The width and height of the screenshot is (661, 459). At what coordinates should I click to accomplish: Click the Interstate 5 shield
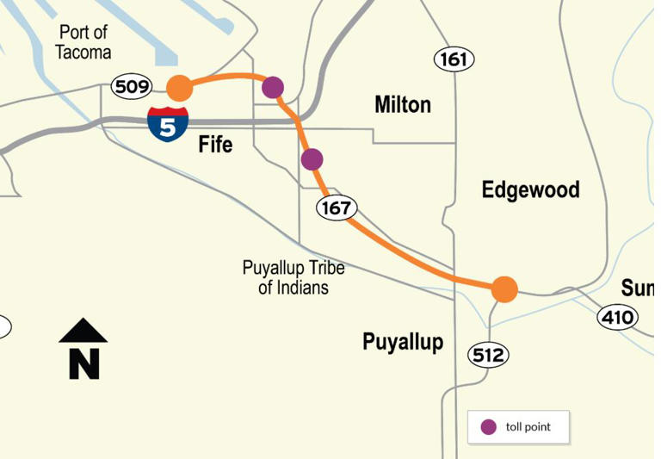coord(168,123)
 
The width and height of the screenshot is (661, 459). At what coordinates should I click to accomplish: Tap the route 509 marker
coord(132,86)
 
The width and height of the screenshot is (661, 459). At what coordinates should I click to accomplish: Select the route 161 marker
coord(454,59)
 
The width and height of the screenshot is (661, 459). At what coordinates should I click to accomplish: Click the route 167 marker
coord(337,208)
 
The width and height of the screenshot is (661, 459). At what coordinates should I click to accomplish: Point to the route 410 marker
coord(617,318)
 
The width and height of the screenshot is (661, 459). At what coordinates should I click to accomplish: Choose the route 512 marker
coord(489,354)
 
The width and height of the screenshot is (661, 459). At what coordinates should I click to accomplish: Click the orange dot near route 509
coord(179,88)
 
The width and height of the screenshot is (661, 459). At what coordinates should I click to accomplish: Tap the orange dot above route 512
coord(504,289)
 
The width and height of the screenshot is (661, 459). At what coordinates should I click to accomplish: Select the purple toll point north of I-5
coord(273,87)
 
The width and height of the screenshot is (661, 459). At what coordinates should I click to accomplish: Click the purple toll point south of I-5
coord(312,159)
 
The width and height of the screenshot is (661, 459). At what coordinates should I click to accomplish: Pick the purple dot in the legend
coord(489,427)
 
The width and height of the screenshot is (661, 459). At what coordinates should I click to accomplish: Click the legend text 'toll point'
coord(528,427)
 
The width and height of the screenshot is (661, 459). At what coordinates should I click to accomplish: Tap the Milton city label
coord(403,105)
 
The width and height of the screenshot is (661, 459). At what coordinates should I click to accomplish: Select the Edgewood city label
coord(530,189)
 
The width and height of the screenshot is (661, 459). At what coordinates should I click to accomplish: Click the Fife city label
coord(215,145)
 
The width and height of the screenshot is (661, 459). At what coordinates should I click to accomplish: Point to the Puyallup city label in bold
coord(403,343)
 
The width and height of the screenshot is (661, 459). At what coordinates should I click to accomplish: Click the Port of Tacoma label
coord(83,42)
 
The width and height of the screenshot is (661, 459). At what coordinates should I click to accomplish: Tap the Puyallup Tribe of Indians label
coord(293,277)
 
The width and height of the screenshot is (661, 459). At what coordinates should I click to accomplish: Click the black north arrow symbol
coord(83,332)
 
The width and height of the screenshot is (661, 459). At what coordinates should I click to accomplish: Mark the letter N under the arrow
coord(84,363)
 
